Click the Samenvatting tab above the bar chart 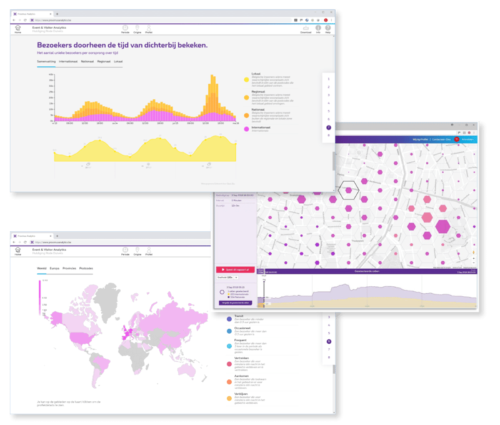(46, 62)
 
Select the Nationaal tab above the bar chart (87, 62)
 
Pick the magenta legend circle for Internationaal (246, 129)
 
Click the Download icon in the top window (306, 28)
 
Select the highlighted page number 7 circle (329, 127)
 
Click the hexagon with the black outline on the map (347, 189)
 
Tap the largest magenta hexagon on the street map (442, 227)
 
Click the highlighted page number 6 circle (329, 341)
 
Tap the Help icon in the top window (328, 28)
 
